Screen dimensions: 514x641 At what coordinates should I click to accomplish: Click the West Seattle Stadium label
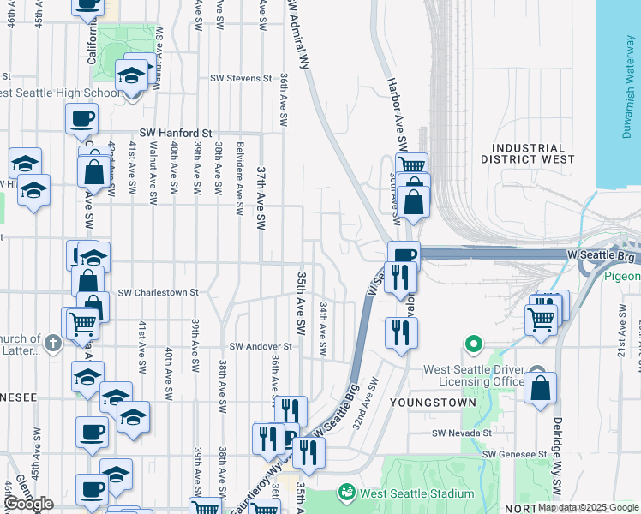tap(416, 494)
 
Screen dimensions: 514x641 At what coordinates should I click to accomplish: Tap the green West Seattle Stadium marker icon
tap(347, 493)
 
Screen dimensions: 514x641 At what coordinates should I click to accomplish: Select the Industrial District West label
tap(528, 153)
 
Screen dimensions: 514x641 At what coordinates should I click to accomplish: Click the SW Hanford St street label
tap(177, 134)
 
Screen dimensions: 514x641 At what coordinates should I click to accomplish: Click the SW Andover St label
tap(261, 347)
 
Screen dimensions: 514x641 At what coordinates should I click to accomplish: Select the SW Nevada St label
tap(464, 434)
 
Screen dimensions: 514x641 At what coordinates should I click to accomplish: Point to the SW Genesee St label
tap(514, 454)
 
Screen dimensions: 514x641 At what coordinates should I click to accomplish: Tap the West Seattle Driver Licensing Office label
tap(475, 375)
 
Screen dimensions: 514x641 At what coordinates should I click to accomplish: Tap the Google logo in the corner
tap(28, 504)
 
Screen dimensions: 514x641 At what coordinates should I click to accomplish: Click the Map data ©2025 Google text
tap(588, 507)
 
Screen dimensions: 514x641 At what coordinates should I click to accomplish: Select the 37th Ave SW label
tap(261, 198)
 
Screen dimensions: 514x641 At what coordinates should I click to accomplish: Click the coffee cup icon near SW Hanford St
tap(82, 119)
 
